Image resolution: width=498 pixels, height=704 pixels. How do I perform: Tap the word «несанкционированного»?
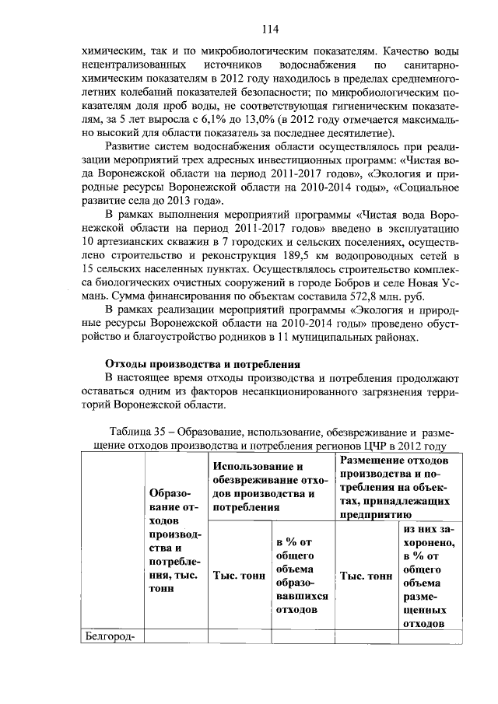(x=298, y=391)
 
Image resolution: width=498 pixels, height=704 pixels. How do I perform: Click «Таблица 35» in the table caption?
(x=141, y=432)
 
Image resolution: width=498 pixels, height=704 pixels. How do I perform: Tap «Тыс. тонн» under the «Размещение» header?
(x=366, y=576)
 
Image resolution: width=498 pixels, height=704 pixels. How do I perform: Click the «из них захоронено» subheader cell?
(x=430, y=575)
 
